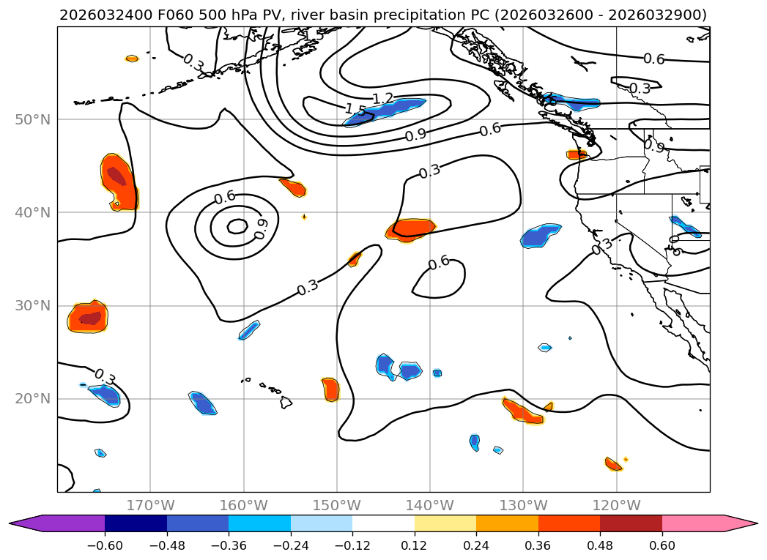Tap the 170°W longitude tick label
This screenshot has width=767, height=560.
click(150, 505)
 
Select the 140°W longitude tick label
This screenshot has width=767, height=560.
click(430, 505)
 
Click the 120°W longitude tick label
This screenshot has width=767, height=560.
click(616, 505)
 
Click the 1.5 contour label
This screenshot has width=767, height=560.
click(355, 110)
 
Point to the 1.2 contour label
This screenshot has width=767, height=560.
click(382, 98)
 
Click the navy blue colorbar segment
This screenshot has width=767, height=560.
click(136, 523)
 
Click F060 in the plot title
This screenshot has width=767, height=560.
click(144, 15)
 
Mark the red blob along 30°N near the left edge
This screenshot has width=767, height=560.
click(88, 317)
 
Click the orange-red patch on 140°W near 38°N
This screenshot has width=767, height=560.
click(410, 229)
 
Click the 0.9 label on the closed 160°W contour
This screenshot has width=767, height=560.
click(262, 228)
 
